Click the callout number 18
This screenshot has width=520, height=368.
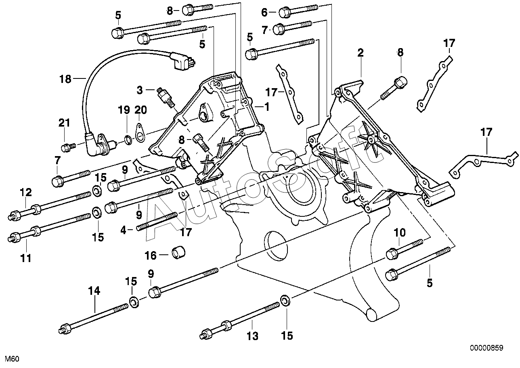[65, 79]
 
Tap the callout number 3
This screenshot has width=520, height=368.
[140, 90]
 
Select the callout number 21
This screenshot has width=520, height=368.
[64, 123]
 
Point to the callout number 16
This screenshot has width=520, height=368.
[151, 256]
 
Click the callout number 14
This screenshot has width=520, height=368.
[94, 291]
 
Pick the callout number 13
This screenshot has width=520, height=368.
[252, 336]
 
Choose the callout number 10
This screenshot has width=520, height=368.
[400, 233]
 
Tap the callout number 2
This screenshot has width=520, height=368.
[360, 53]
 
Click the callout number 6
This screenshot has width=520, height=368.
[264, 12]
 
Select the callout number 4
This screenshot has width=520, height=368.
[123, 230]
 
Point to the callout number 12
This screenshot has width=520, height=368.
[26, 192]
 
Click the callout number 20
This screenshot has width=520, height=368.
[140, 110]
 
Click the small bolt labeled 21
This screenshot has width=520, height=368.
[69, 147]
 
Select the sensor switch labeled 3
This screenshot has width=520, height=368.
[166, 97]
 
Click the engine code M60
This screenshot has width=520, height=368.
[12, 359]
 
